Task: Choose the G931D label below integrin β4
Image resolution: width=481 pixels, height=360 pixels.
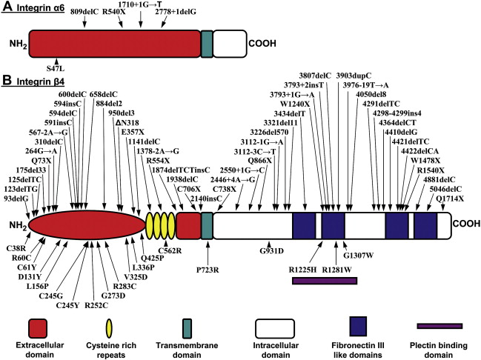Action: point(271,250)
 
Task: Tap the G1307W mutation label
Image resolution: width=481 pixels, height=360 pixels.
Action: point(359,256)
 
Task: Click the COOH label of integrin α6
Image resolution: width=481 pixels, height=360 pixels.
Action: point(263,45)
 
